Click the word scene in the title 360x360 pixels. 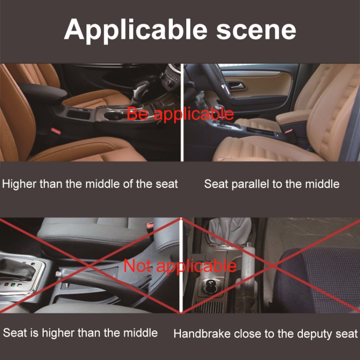256,31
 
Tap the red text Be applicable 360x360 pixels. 180,114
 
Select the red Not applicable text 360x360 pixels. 180,266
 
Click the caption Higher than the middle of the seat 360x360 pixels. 90,184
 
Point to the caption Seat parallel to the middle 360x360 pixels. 272,184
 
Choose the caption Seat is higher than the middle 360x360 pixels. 80,333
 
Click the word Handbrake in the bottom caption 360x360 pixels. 202,334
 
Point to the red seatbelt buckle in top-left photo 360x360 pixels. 56,131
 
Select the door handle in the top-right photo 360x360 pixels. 237,85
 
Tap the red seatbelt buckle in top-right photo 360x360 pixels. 288,131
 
